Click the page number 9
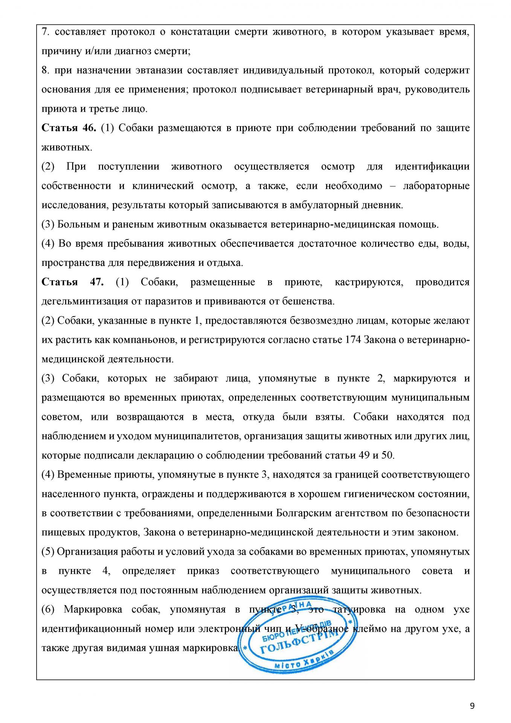pos(472,706)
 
